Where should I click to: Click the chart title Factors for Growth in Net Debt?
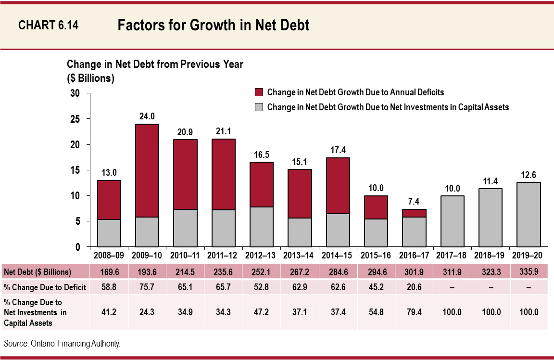(x=213, y=26)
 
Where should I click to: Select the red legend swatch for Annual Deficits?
(x=258, y=92)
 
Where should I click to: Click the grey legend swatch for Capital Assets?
(x=258, y=107)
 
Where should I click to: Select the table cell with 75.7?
(x=147, y=288)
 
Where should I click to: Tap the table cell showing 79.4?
(x=414, y=312)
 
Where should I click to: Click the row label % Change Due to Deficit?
(x=45, y=288)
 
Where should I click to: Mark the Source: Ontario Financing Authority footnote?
(x=62, y=344)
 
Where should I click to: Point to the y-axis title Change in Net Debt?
(x=155, y=64)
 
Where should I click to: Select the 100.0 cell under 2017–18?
(x=452, y=312)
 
